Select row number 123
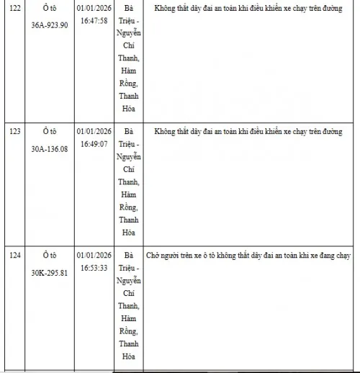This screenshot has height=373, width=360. [14, 132]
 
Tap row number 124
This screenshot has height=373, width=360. [14, 256]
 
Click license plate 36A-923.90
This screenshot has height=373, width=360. [55, 24]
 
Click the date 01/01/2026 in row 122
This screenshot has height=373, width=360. [94, 9]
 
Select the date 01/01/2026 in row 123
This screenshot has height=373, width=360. [94, 132]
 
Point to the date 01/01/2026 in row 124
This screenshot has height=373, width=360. [94, 256]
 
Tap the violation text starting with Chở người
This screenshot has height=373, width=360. [244, 256]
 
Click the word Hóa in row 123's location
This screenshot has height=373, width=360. [129, 233]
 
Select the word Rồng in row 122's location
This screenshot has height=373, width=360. [129, 83]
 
